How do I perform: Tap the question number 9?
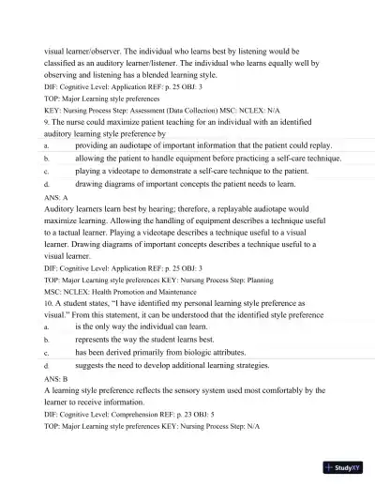coord(47,122)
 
